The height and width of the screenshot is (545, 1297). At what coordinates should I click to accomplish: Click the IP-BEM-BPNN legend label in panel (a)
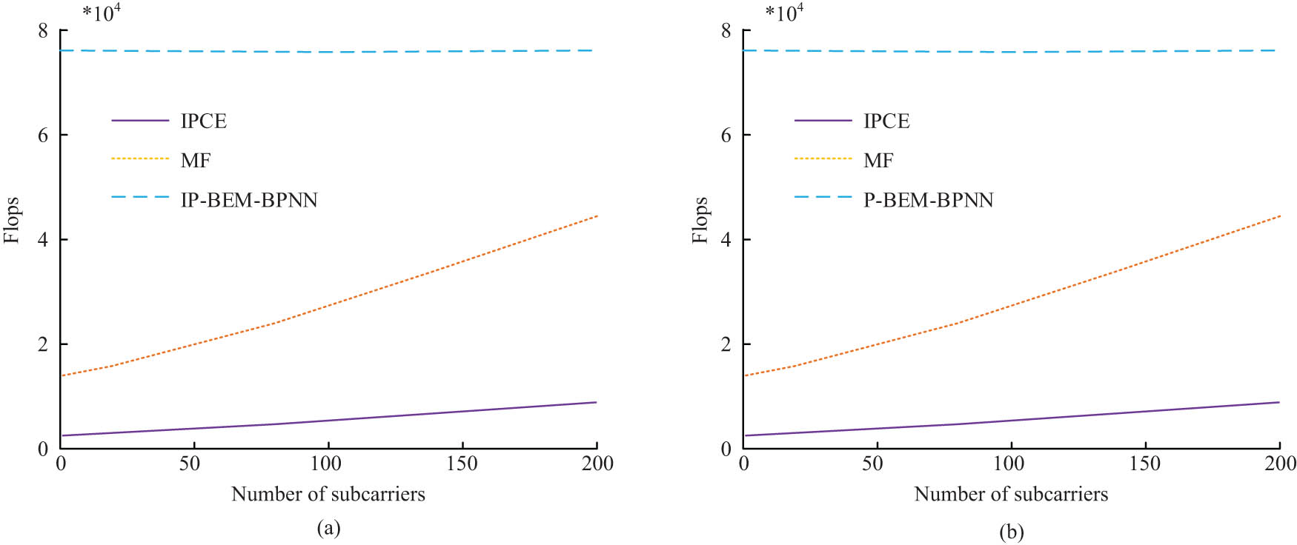coord(249,200)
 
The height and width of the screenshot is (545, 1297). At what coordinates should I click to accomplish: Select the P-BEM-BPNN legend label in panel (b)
coord(928,200)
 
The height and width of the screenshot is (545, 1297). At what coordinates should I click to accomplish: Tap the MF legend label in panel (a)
coord(196,160)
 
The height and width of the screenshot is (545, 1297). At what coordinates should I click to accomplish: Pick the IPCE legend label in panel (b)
coord(886,121)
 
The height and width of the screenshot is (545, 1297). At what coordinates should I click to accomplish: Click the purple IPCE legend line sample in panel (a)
coord(140,121)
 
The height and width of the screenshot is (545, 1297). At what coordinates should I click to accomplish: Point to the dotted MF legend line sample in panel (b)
coord(823,158)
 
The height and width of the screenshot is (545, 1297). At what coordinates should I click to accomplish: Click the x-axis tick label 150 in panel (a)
coord(462,464)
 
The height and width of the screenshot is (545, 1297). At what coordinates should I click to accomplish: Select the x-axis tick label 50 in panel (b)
coord(872,464)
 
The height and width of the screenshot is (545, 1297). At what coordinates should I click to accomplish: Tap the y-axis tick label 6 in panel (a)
coord(43,135)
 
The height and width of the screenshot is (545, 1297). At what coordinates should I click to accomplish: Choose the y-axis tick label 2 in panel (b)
coord(726,344)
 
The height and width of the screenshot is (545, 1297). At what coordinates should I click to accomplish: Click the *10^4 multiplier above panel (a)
coord(102,13)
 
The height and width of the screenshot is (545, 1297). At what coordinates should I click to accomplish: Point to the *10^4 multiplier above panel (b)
coord(784,13)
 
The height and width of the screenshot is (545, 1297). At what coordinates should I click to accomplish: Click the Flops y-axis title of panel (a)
coord(12,220)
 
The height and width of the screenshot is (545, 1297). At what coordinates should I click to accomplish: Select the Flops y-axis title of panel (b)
coord(700,220)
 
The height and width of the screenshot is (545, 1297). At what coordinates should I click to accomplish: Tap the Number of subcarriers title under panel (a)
coord(328,494)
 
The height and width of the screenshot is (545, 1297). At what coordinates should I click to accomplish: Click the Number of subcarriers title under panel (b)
coord(1011,494)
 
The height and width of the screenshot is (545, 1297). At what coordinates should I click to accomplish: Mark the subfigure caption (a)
coord(328,528)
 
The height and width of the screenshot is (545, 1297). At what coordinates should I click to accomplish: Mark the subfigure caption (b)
coord(1011,531)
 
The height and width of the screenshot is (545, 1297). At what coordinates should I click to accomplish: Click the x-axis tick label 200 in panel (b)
coord(1280,464)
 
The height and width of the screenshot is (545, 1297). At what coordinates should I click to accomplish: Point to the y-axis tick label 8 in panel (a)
coord(43,30)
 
